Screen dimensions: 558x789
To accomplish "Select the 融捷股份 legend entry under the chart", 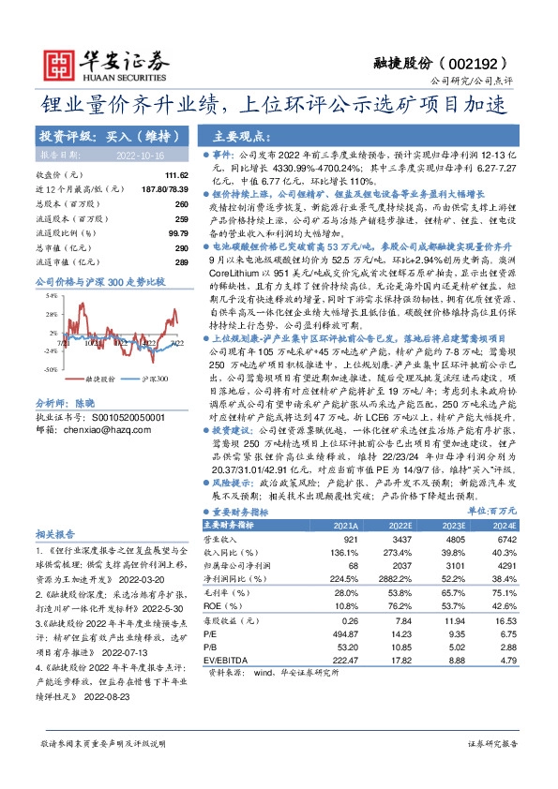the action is [98, 379].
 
